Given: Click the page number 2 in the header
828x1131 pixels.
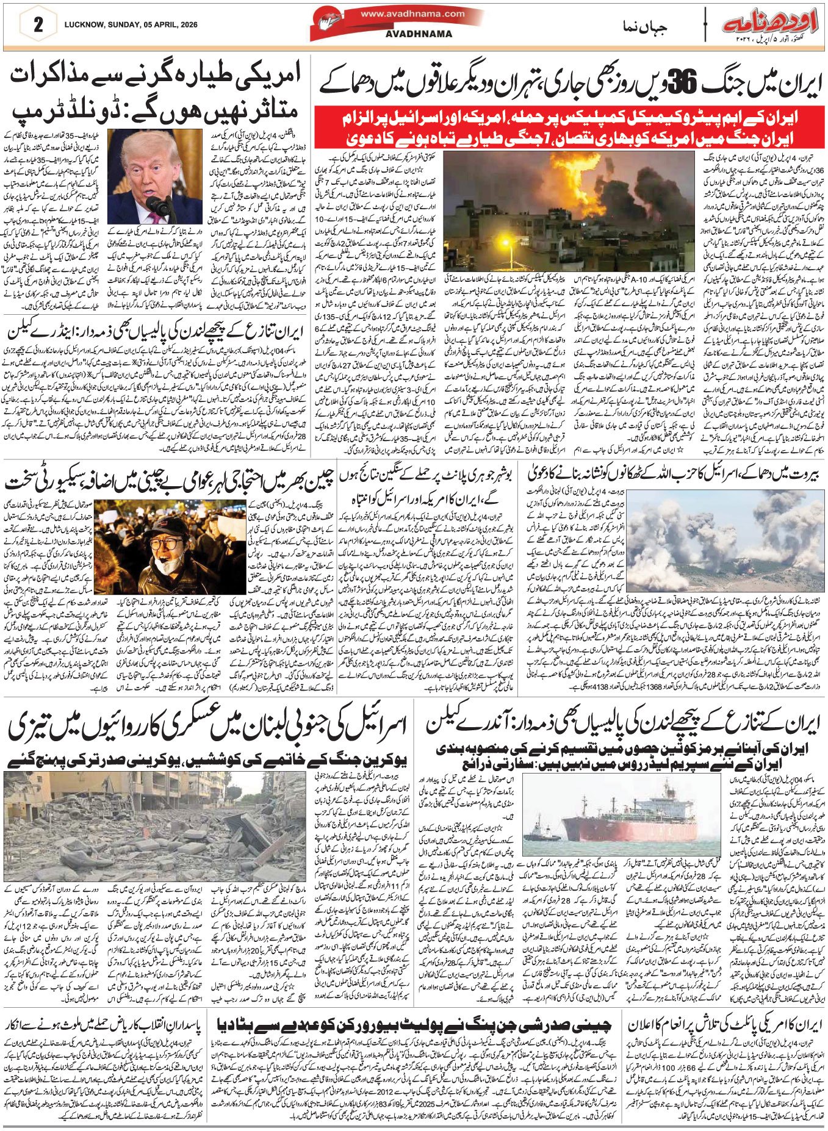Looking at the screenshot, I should [38, 26].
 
